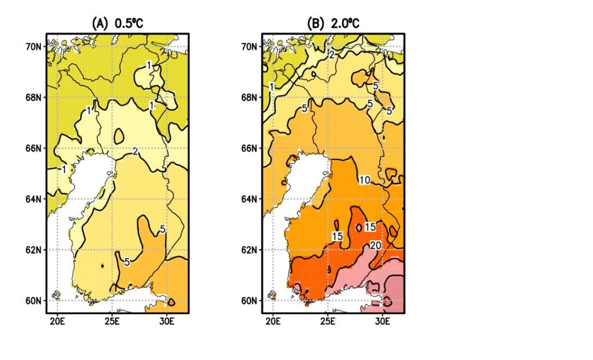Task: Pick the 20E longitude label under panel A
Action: [x=57, y=321]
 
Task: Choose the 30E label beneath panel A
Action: [x=167, y=321]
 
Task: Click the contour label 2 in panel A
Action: [x=135, y=152]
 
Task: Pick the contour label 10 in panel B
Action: [x=364, y=181]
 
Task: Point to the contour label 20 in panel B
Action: [x=375, y=245]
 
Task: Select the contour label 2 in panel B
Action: [x=332, y=54]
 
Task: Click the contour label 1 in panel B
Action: [x=272, y=87]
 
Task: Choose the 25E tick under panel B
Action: [x=327, y=321]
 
